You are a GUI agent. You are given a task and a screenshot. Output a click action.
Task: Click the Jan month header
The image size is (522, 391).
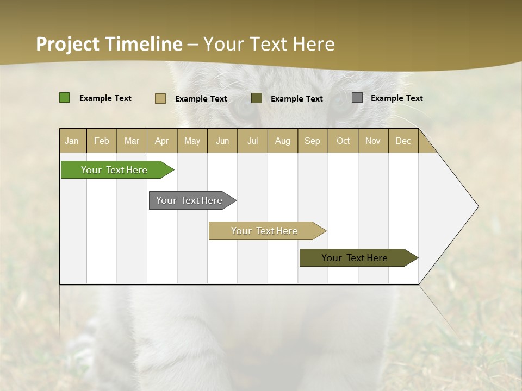[x=72, y=141]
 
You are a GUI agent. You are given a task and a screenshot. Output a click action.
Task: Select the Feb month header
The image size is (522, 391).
[x=102, y=141]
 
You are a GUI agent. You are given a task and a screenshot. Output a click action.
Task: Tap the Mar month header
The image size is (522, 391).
[x=132, y=141]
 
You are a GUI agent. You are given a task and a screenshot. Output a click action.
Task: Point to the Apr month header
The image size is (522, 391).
[x=161, y=141]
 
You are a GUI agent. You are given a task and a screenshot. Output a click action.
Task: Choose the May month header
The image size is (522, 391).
[x=192, y=141]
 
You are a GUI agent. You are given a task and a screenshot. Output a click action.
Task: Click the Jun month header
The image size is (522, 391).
[x=222, y=141]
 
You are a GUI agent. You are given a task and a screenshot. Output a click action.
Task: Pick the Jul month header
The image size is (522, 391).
[x=252, y=141]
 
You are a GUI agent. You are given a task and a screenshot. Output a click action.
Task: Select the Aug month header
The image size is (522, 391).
[x=283, y=141]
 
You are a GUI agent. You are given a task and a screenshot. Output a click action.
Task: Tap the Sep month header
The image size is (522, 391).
[x=313, y=141]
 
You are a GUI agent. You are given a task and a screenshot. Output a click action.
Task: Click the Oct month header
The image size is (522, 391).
[x=343, y=141]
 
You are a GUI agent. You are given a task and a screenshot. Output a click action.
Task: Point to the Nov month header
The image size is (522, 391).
[x=373, y=141]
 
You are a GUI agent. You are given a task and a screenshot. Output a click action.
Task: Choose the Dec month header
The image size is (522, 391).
[x=403, y=141]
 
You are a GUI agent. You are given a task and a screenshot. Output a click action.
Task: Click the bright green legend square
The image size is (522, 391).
[x=65, y=98]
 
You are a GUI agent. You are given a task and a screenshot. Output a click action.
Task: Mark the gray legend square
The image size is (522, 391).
[x=357, y=98]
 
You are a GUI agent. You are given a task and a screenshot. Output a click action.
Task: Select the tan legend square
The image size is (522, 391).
[x=160, y=98]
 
